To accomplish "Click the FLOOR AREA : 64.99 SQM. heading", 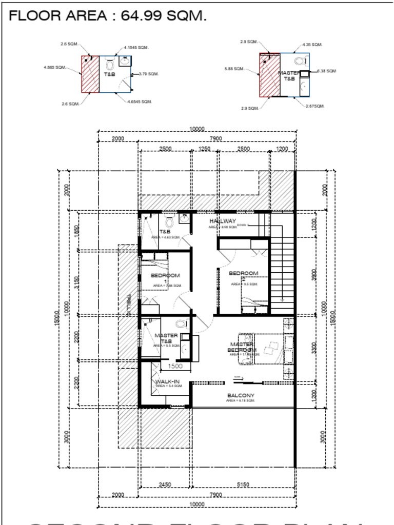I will coord(108,16).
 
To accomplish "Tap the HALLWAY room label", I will coord(223,221).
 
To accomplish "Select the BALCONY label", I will coord(241,396).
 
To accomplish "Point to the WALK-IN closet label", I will coord(168,382).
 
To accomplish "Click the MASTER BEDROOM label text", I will coord(242,347).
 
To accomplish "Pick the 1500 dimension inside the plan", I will coord(175,366).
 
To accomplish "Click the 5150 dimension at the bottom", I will coord(243,484).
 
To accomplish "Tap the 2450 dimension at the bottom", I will coord(165,484).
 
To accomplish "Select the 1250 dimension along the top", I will coord(204,149).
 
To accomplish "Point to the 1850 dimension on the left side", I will coord(77,231).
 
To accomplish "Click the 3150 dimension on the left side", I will coord(77,282).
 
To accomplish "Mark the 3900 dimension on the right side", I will coord(314,274).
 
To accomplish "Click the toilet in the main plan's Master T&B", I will coord(181,324).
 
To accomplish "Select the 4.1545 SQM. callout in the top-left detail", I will coord(136,48).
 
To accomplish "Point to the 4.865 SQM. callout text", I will coord(54,67).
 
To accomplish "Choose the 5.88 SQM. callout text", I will coord(234,69).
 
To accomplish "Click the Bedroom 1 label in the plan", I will coord(165,276).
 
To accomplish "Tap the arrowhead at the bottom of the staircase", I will coord(282,299).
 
